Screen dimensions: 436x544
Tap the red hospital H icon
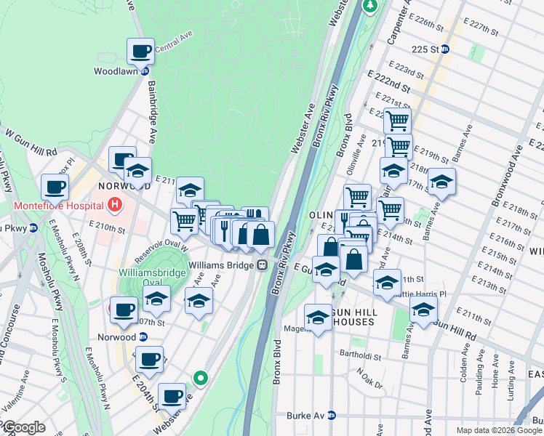pyautogui.click(x=114, y=206)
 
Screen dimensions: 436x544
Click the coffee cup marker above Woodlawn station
pyautogui.click(x=140, y=52)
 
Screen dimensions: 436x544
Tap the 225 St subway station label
pyautogui.click(x=425, y=49)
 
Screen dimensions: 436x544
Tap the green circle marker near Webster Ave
pyautogui.click(x=201, y=377)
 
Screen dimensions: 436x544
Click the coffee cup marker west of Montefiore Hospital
pyautogui.click(x=55, y=187)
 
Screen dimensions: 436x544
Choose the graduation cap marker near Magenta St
pyautogui.click(x=318, y=317)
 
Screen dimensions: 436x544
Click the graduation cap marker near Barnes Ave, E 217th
pyautogui.click(x=441, y=182)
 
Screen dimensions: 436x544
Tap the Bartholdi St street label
pyautogui.click(x=359, y=355)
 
